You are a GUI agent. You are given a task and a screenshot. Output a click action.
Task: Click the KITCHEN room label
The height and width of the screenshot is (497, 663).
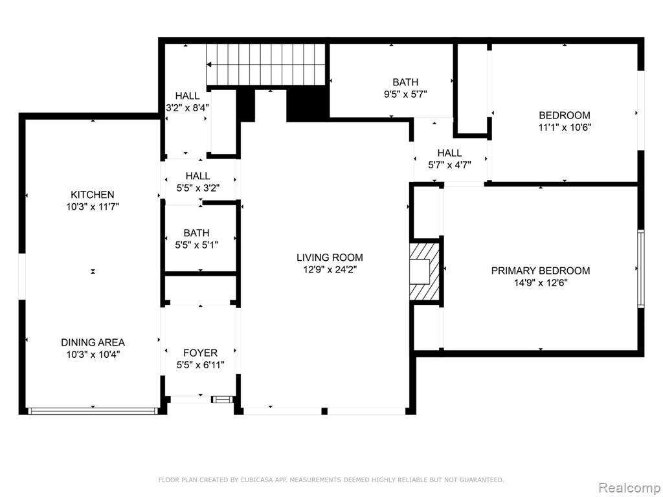[x=92, y=195]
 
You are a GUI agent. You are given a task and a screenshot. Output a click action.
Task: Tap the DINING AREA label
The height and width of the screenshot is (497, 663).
[x=93, y=343]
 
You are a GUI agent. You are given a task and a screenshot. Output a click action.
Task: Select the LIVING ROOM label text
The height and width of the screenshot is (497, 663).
[x=330, y=258]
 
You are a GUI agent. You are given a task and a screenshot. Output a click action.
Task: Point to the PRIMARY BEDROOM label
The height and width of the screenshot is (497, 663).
[x=541, y=271]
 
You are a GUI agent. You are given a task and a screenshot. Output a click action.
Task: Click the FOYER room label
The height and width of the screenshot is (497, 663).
[x=200, y=353]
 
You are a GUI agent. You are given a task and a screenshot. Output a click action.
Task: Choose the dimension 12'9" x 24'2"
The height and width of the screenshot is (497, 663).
[x=330, y=270]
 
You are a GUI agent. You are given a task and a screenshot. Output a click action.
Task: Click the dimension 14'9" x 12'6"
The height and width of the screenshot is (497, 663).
[x=541, y=283]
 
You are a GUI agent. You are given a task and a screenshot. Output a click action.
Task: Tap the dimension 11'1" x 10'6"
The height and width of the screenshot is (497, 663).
[x=565, y=127]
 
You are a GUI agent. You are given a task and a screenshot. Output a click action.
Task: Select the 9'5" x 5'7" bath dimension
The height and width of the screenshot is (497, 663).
[x=405, y=94]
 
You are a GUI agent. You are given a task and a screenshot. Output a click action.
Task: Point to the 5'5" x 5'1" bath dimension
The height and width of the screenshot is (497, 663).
[x=197, y=245]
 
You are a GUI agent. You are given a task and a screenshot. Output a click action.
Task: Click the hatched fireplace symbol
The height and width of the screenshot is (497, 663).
[x=425, y=271]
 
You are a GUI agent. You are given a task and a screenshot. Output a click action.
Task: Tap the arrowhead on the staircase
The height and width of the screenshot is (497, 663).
[x=209, y=65]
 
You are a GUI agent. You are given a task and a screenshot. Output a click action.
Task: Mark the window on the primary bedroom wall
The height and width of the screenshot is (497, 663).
[x=641, y=269]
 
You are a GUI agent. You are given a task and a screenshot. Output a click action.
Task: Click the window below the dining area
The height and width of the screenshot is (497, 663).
[x=93, y=411]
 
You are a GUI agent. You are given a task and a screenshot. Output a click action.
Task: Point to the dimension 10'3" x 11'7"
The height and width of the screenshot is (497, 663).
[x=93, y=207]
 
